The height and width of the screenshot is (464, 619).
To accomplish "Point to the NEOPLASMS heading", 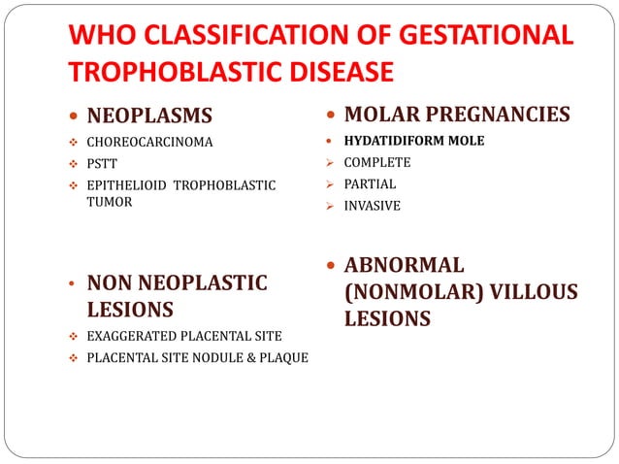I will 149,117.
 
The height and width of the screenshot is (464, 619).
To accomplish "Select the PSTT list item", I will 102,163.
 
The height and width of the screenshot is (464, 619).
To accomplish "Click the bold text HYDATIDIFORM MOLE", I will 414,140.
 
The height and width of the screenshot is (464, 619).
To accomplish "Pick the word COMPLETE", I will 377,162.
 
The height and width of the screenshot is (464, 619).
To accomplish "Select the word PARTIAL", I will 370,183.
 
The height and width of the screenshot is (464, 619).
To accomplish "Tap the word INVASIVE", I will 372,205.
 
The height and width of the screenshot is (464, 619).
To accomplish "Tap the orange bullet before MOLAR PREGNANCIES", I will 332,116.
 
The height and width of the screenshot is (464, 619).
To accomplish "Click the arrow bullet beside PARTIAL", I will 331,183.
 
